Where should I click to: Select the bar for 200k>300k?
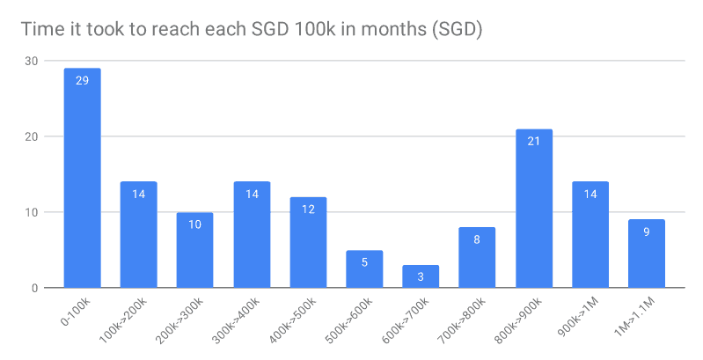(x=194, y=250)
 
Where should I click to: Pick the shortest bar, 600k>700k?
(x=421, y=276)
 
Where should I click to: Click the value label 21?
(x=533, y=142)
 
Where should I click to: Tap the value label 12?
(x=308, y=209)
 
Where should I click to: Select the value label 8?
(x=477, y=240)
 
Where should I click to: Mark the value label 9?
(x=646, y=232)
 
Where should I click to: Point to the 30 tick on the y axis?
(x=32, y=61)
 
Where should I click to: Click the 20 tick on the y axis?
(x=32, y=136)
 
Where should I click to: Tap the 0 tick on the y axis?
(x=34, y=288)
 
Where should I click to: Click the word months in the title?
(x=375, y=29)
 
